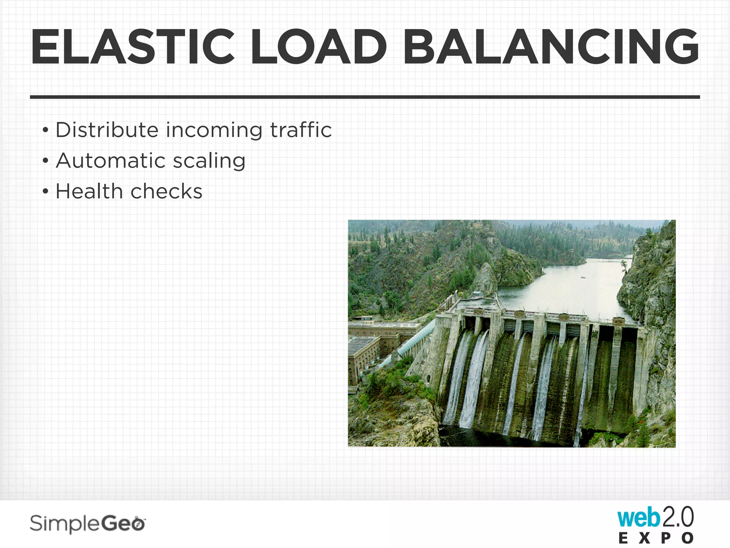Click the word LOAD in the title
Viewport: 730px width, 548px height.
[x=319, y=47]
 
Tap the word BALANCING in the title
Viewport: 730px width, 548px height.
[x=551, y=47]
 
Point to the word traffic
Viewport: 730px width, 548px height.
[x=301, y=130]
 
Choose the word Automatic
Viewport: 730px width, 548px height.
[x=110, y=161]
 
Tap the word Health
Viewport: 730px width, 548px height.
[x=89, y=191]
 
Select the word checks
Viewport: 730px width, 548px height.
[x=166, y=191]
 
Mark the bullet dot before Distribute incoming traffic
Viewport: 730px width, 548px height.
[x=45, y=130]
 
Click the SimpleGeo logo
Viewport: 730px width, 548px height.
[x=88, y=524]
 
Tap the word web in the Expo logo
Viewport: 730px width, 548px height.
[x=638, y=518]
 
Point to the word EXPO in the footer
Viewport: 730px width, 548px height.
[x=656, y=538]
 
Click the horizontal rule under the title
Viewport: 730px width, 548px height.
[x=365, y=97]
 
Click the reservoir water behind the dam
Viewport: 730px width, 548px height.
[x=570, y=285]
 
